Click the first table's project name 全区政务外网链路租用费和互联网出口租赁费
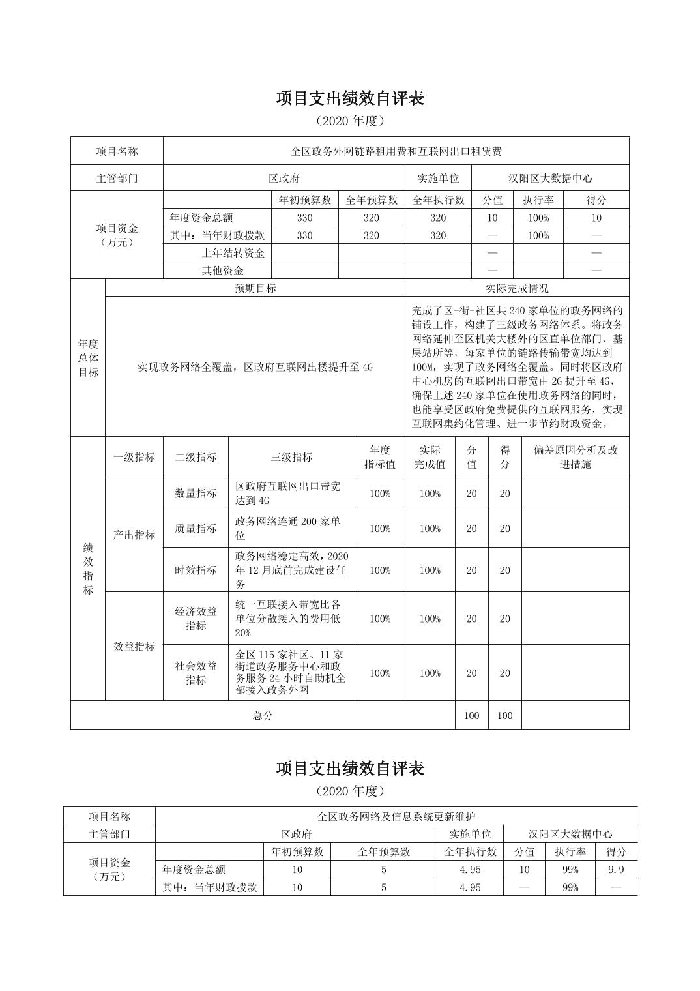[x=396, y=151]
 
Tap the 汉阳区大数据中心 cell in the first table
[x=550, y=178]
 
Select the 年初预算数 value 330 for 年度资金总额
[x=304, y=218]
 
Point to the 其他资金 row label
[x=222, y=271]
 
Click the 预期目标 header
[x=255, y=288]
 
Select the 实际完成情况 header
[x=517, y=288]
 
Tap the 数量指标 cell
[x=196, y=494]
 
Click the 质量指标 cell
[x=196, y=529]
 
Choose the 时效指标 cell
[x=196, y=570]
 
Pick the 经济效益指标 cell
[x=196, y=619]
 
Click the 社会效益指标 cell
[x=196, y=673]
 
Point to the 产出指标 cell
[x=134, y=535]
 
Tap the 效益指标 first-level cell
[x=134, y=647]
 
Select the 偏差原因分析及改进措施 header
[x=575, y=457]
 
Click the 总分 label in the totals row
[x=263, y=715]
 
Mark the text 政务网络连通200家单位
[x=287, y=529]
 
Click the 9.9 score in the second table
[x=616, y=870]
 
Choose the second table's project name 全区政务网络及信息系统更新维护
[x=396, y=816]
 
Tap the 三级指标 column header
[x=291, y=457]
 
